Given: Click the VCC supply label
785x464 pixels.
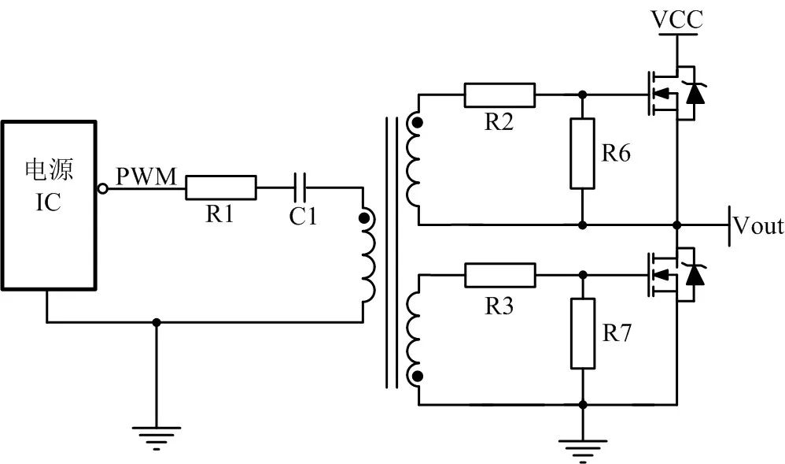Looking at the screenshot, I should tap(677, 19).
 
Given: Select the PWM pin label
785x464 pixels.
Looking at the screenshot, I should tap(147, 176).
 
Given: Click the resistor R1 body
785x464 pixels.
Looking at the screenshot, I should tap(221, 187).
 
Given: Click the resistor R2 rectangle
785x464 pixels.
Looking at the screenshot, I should tap(500, 95).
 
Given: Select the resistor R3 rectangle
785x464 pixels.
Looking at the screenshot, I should tap(500, 275).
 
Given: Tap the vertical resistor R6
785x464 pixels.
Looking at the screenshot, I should tap(582, 153).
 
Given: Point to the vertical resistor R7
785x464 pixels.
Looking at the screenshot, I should tap(582, 333).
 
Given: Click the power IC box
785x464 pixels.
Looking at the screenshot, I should tap(49, 205).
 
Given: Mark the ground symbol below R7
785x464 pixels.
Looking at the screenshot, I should tap(582, 449).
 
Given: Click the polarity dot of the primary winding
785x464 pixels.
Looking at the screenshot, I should tap(363, 218).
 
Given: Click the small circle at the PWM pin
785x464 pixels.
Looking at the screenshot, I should tap(102, 187).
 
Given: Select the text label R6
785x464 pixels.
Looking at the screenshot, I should tap(616, 154).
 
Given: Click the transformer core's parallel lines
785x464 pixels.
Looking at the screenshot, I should tap(390, 252).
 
